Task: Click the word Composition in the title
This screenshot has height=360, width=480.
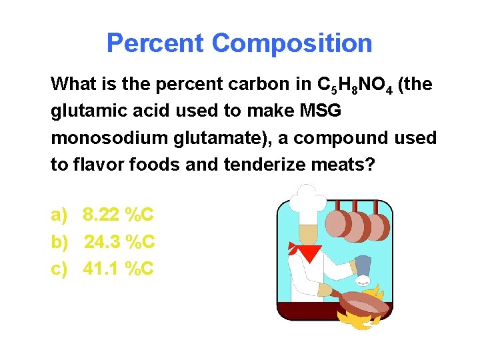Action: [292, 43]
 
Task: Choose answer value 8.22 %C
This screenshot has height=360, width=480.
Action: [118, 215]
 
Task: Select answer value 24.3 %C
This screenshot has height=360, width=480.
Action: [119, 242]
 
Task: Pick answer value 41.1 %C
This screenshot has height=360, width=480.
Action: [119, 269]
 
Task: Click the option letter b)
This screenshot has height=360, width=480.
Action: [60, 242]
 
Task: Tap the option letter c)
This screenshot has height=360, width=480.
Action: [59, 269]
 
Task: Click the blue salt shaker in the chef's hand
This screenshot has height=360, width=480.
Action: [364, 267]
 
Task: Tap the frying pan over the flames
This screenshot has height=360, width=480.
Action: [363, 303]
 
